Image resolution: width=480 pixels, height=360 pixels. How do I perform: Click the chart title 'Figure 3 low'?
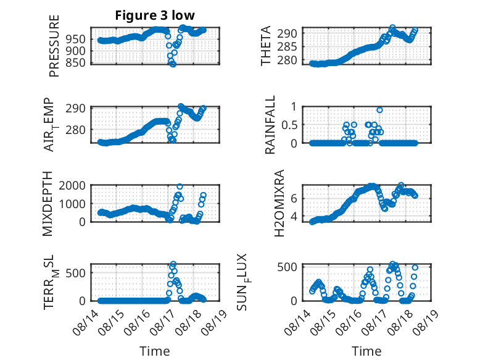pos(155,15)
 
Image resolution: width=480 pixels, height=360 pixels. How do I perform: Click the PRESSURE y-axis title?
pos(54,46)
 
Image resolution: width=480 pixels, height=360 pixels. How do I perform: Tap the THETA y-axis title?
pos(266,46)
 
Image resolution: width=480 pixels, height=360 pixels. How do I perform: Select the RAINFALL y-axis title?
pos(270,125)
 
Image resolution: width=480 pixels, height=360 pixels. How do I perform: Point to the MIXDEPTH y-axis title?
pos(48,204)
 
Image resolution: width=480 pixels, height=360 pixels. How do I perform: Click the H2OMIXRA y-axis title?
pos(279,203)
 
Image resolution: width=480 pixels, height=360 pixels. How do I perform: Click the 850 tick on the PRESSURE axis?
pos(75,62)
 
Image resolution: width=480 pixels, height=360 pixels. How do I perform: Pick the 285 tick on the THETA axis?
pos(287,47)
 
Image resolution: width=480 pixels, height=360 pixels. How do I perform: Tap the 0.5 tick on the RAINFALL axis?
pos(289,125)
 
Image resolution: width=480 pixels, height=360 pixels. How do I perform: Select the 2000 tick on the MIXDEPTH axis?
pos(72,185)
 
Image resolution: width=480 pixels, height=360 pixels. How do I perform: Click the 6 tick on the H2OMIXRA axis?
pos(294,199)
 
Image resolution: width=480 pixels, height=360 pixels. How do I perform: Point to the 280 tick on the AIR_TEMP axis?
pos(75,130)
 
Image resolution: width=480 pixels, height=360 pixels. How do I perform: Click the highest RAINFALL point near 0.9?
pos(379,110)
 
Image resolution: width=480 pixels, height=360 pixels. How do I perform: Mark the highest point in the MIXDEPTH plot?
pos(180,186)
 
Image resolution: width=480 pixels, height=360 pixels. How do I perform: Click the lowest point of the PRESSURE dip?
pos(173,64)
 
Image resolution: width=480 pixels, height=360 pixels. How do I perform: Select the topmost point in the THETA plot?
pos(392,27)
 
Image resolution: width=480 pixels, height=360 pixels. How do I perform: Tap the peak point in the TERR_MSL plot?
pos(173,264)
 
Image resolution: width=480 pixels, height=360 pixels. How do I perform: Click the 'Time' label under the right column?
pos(366,351)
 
